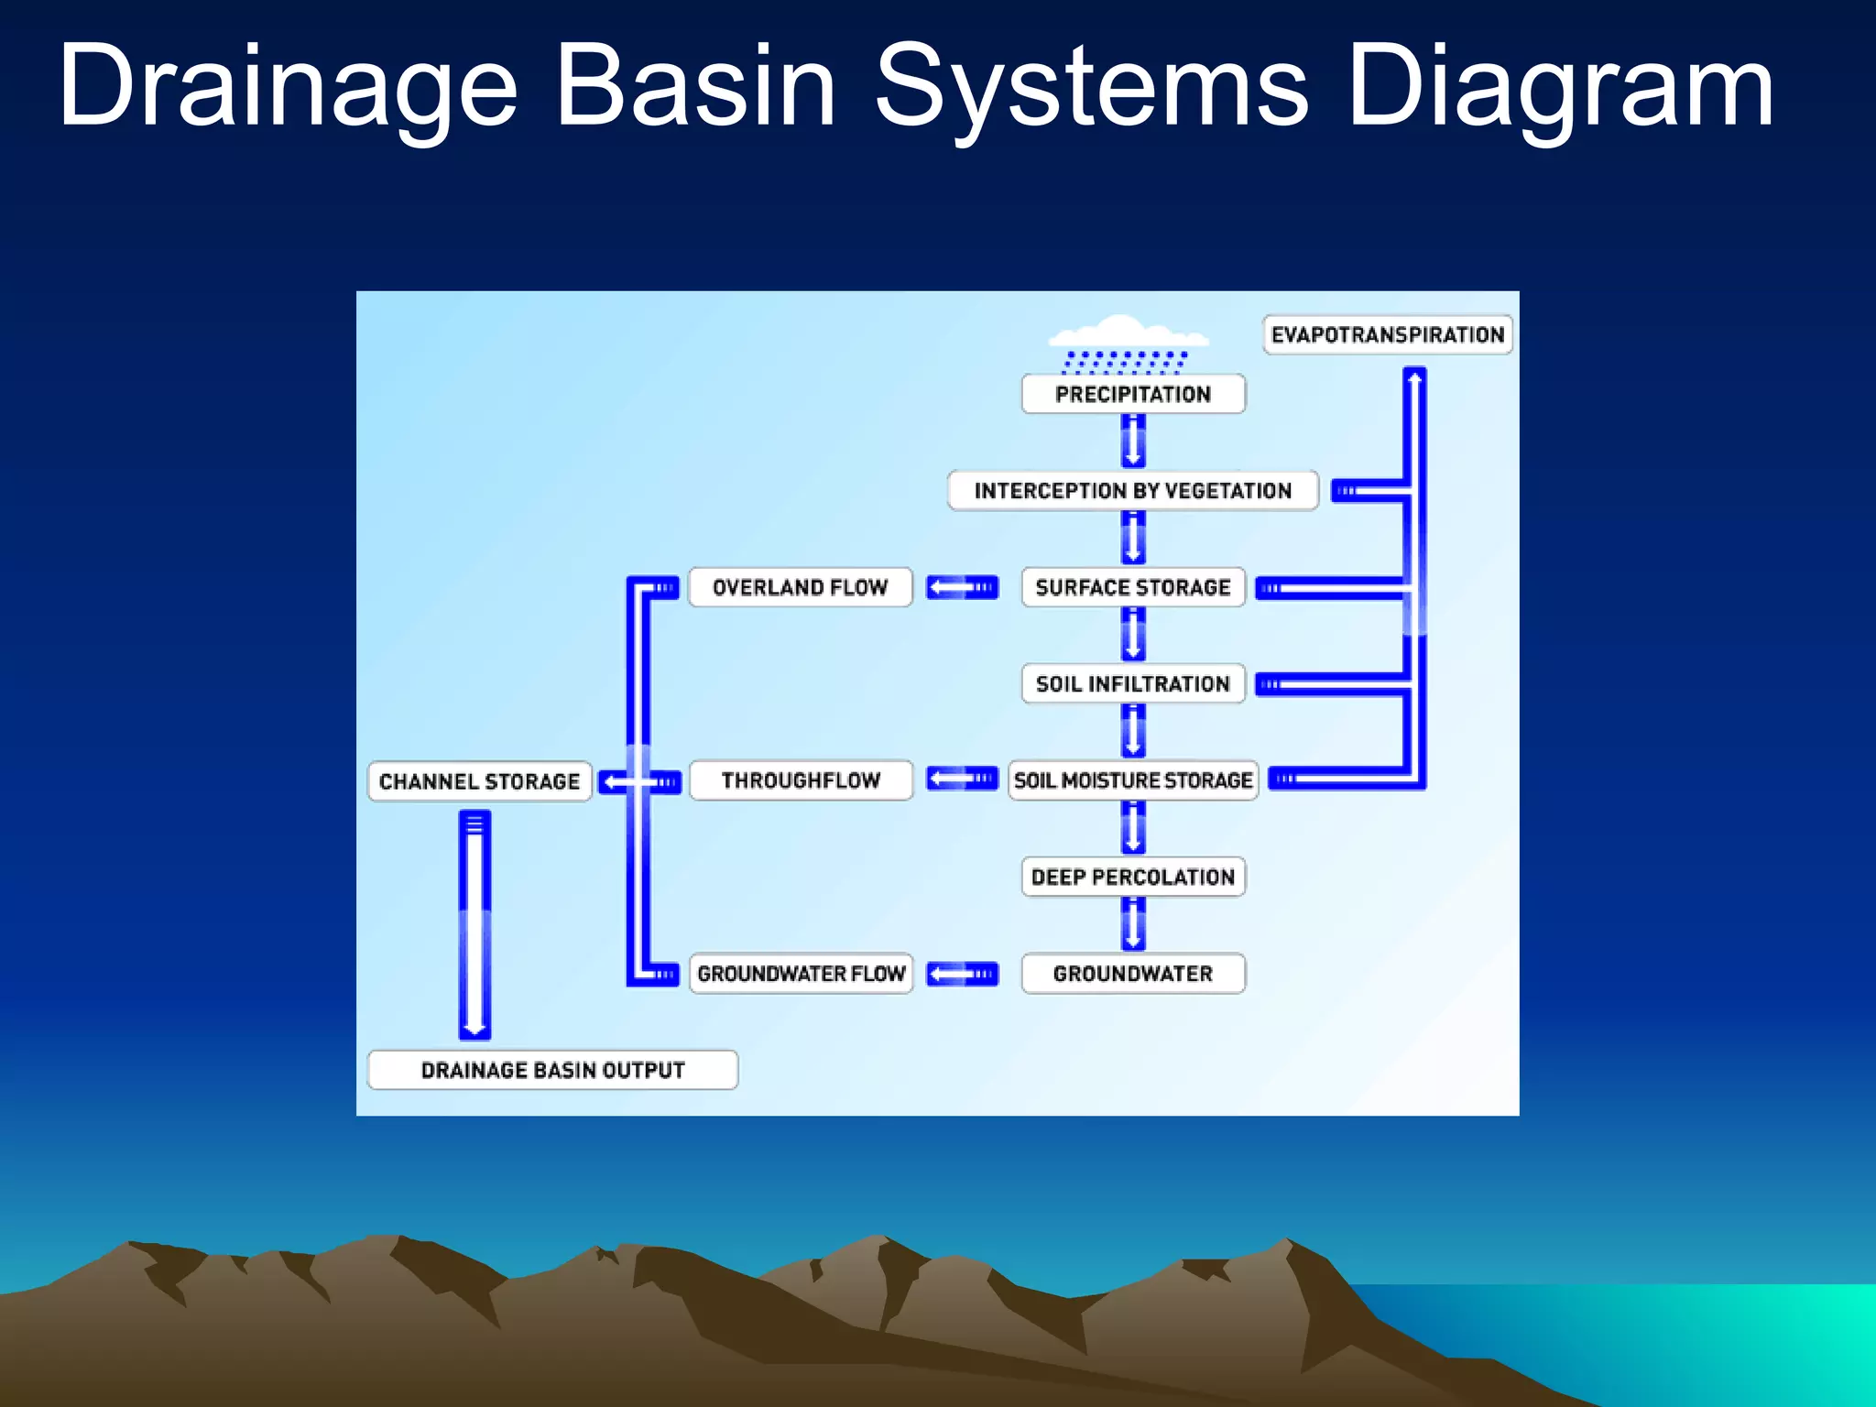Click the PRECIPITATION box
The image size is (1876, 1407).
coord(1133,394)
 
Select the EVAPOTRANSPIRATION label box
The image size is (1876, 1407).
coord(1387,334)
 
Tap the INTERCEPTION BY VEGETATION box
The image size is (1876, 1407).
coord(1133,490)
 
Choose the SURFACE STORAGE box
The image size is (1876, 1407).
coord(1133,587)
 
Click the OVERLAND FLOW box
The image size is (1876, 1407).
coord(800,587)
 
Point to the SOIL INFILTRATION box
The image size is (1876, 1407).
coord(1133,683)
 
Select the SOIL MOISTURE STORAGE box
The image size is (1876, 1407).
coord(1133,780)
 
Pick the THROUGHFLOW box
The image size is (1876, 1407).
coord(800,780)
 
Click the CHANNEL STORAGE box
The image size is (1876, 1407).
coord(479,781)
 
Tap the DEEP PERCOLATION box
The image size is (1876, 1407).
coord(1133,877)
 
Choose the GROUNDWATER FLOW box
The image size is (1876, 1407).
coord(800,973)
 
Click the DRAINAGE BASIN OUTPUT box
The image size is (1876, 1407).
coord(552,1070)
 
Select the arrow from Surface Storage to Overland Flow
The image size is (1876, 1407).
coord(962,587)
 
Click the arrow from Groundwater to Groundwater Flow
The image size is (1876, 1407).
coord(962,973)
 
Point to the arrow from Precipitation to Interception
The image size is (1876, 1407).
coord(1133,442)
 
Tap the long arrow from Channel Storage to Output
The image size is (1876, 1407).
coord(474,925)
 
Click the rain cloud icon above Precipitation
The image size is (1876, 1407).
coord(1127,344)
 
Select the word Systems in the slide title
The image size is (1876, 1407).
coord(1090,87)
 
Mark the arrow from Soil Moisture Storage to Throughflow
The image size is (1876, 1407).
coord(962,780)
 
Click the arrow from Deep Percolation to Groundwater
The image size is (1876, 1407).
coord(1133,924)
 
